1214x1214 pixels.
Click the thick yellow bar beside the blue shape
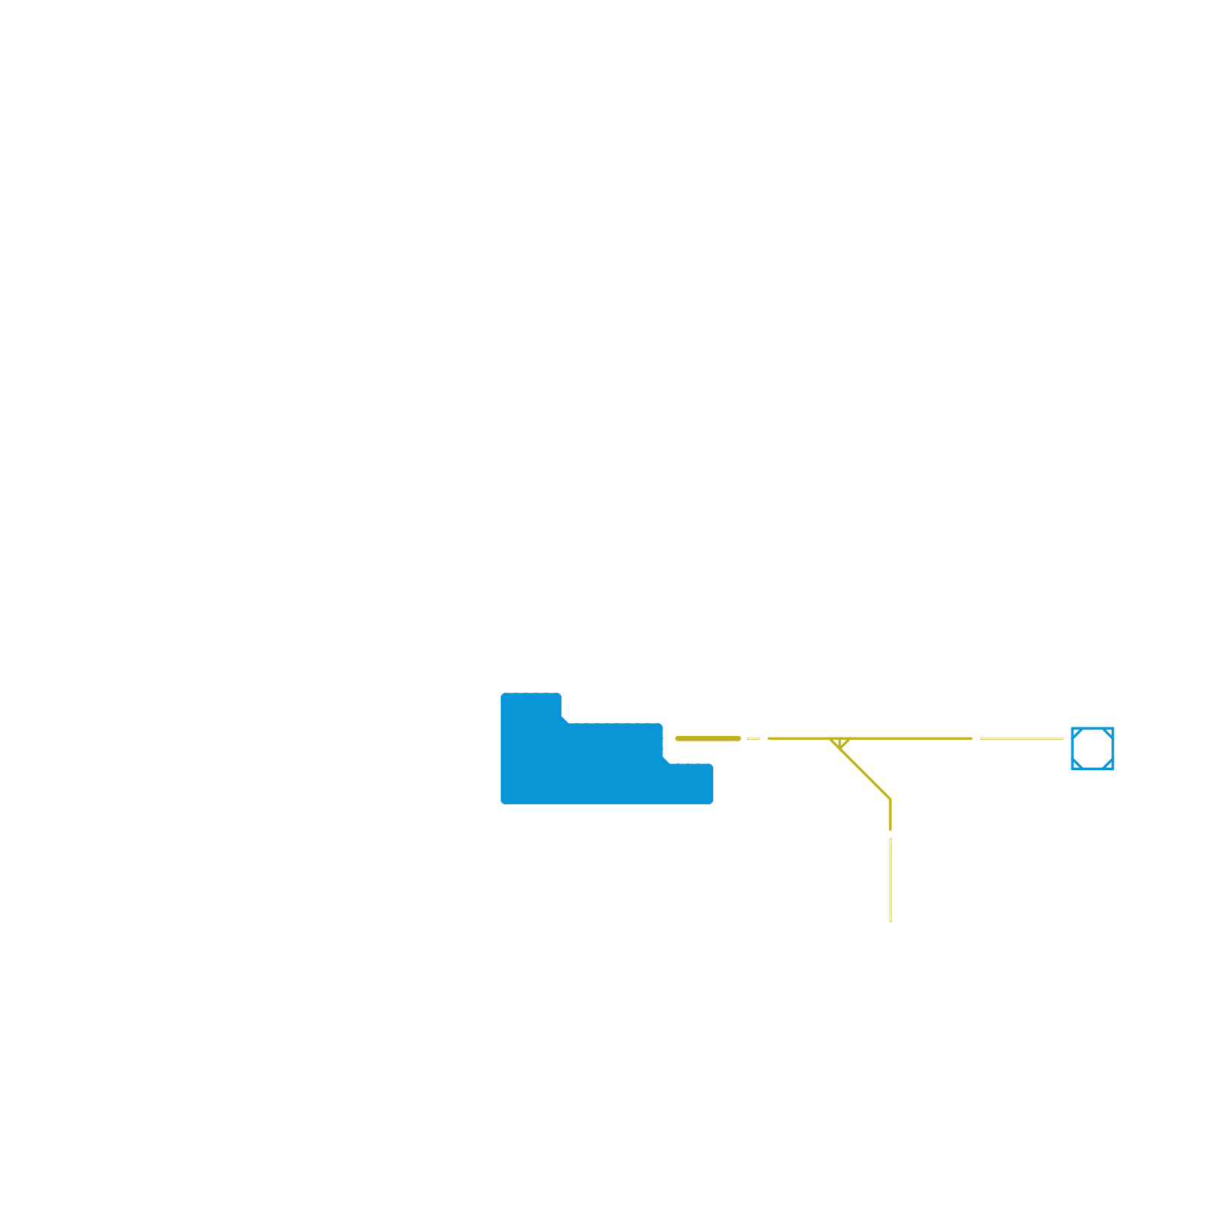point(708,738)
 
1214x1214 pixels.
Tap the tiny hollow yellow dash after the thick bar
point(753,738)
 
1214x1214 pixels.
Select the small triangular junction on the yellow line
point(840,743)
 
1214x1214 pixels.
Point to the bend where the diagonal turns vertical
point(890,800)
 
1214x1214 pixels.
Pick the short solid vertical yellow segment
point(890,816)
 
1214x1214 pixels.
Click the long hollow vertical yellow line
point(890,880)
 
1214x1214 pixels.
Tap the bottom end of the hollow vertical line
point(890,920)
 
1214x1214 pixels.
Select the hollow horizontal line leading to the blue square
point(1021,738)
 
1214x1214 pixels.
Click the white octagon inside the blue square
point(1093,748)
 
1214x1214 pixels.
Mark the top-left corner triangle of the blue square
point(1076,732)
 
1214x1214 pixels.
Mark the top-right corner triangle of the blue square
point(1109,732)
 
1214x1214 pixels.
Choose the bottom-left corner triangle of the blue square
point(1076,765)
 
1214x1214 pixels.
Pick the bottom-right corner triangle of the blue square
point(1109,765)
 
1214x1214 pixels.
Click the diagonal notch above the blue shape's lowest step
point(667,760)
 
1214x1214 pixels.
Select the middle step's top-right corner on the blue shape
point(660,726)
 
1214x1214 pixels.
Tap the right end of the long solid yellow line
point(970,738)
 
